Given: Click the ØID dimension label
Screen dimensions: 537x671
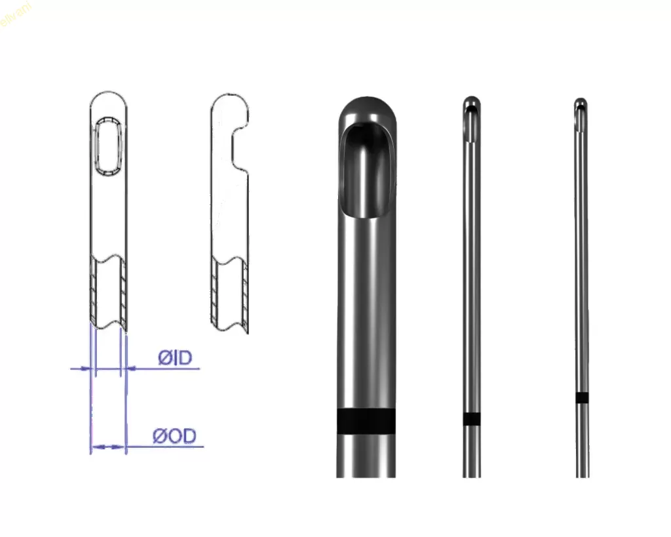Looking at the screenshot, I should click(x=174, y=358).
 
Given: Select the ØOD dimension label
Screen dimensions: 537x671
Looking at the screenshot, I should click(x=174, y=436).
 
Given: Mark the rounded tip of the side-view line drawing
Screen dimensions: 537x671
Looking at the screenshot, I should click(x=229, y=99).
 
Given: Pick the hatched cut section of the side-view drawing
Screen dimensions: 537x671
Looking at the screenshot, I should click(x=230, y=295).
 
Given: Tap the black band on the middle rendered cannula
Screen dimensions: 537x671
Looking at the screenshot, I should click(x=472, y=419).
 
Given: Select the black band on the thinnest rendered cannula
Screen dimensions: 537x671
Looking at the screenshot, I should click(x=581, y=397).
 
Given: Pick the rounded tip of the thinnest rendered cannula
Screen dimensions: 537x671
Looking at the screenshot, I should click(x=581, y=102).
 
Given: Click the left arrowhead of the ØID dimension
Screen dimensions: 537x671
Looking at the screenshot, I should click(x=85, y=369).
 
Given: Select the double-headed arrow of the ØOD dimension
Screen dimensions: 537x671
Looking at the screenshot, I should click(x=107, y=447).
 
